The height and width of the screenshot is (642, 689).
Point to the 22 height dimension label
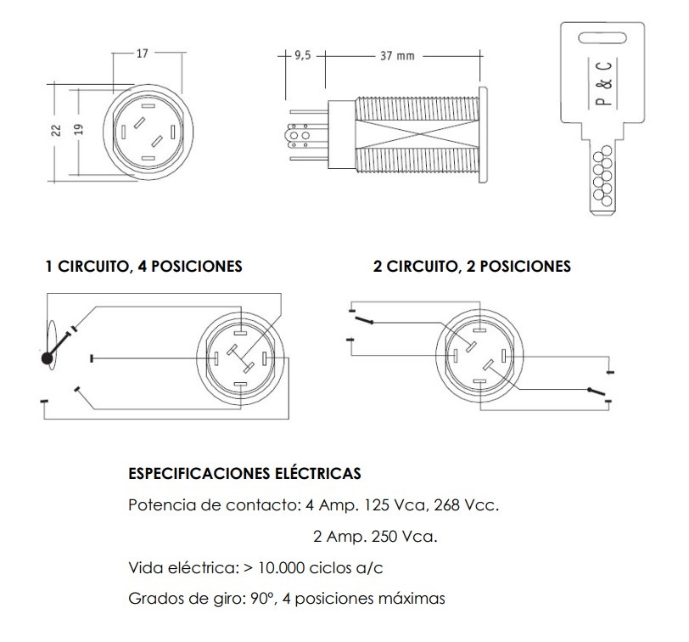pos(56,130)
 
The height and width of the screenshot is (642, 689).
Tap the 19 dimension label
pos(78,130)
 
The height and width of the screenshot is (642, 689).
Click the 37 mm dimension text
pos(397,55)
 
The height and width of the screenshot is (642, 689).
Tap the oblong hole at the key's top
pos(605,35)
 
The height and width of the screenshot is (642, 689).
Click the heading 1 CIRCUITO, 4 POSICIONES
pos(143,267)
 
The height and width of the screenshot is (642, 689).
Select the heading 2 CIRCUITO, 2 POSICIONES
pos(472,267)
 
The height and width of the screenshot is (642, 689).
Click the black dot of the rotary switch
pos(47,358)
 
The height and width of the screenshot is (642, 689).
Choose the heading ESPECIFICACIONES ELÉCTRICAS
pos(244,472)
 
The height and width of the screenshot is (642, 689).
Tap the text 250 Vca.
pos(408,537)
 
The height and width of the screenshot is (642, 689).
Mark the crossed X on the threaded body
pos(416,133)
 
